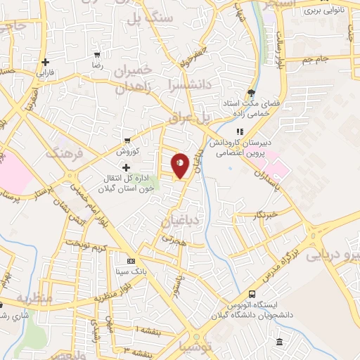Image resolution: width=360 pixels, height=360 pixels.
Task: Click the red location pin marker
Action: click(x=181, y=166)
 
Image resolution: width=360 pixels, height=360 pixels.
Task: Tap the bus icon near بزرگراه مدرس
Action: click(x=252, y=295)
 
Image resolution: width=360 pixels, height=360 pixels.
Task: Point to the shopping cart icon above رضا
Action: click(x=96, y=53)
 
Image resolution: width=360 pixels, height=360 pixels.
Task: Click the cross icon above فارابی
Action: click(x=45, y=62)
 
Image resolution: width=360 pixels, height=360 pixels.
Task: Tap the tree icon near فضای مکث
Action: click(x=251, y=92)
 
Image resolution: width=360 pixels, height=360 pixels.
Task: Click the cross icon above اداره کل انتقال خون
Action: click(x=126, y=167)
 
